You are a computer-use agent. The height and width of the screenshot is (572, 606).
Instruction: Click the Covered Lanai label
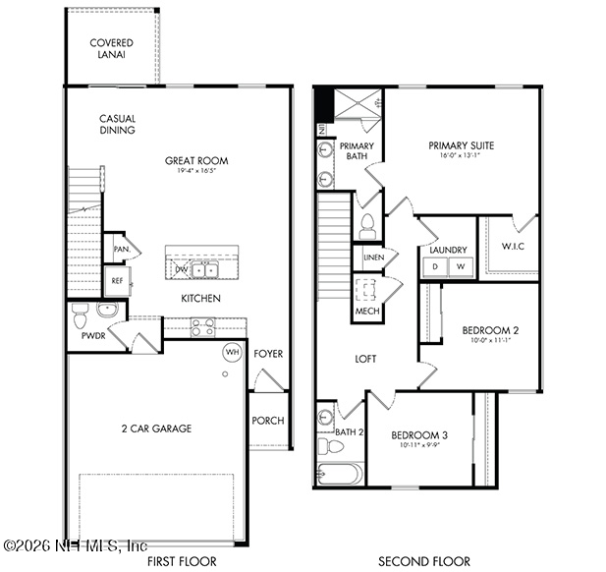coord(111,48)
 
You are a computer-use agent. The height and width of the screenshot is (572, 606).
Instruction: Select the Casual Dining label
coord(117,125)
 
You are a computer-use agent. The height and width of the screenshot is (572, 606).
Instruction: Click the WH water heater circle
coord(233,352)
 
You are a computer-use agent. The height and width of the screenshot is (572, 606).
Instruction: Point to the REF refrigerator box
coord(117,281)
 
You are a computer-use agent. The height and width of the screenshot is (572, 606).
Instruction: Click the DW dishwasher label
coord(181,269)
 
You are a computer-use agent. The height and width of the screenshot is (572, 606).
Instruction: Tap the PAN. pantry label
coord(119,249)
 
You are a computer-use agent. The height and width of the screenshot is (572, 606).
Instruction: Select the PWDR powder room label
coord(93,336)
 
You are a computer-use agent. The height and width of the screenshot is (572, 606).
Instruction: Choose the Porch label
coord(268,421)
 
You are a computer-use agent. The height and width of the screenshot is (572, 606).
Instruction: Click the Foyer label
coord(268,354)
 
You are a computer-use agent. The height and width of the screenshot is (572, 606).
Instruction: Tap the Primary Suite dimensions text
coord(461,155)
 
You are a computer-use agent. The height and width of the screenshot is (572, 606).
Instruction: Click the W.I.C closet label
coord(512,247)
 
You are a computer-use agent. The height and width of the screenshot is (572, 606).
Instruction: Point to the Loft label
coord(365,360)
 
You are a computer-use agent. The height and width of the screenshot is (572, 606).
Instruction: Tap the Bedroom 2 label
coord(489,330)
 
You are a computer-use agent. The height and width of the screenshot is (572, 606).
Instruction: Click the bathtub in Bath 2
coord(340,474)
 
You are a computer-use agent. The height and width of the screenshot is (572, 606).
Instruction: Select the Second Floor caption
coord(424,561)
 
